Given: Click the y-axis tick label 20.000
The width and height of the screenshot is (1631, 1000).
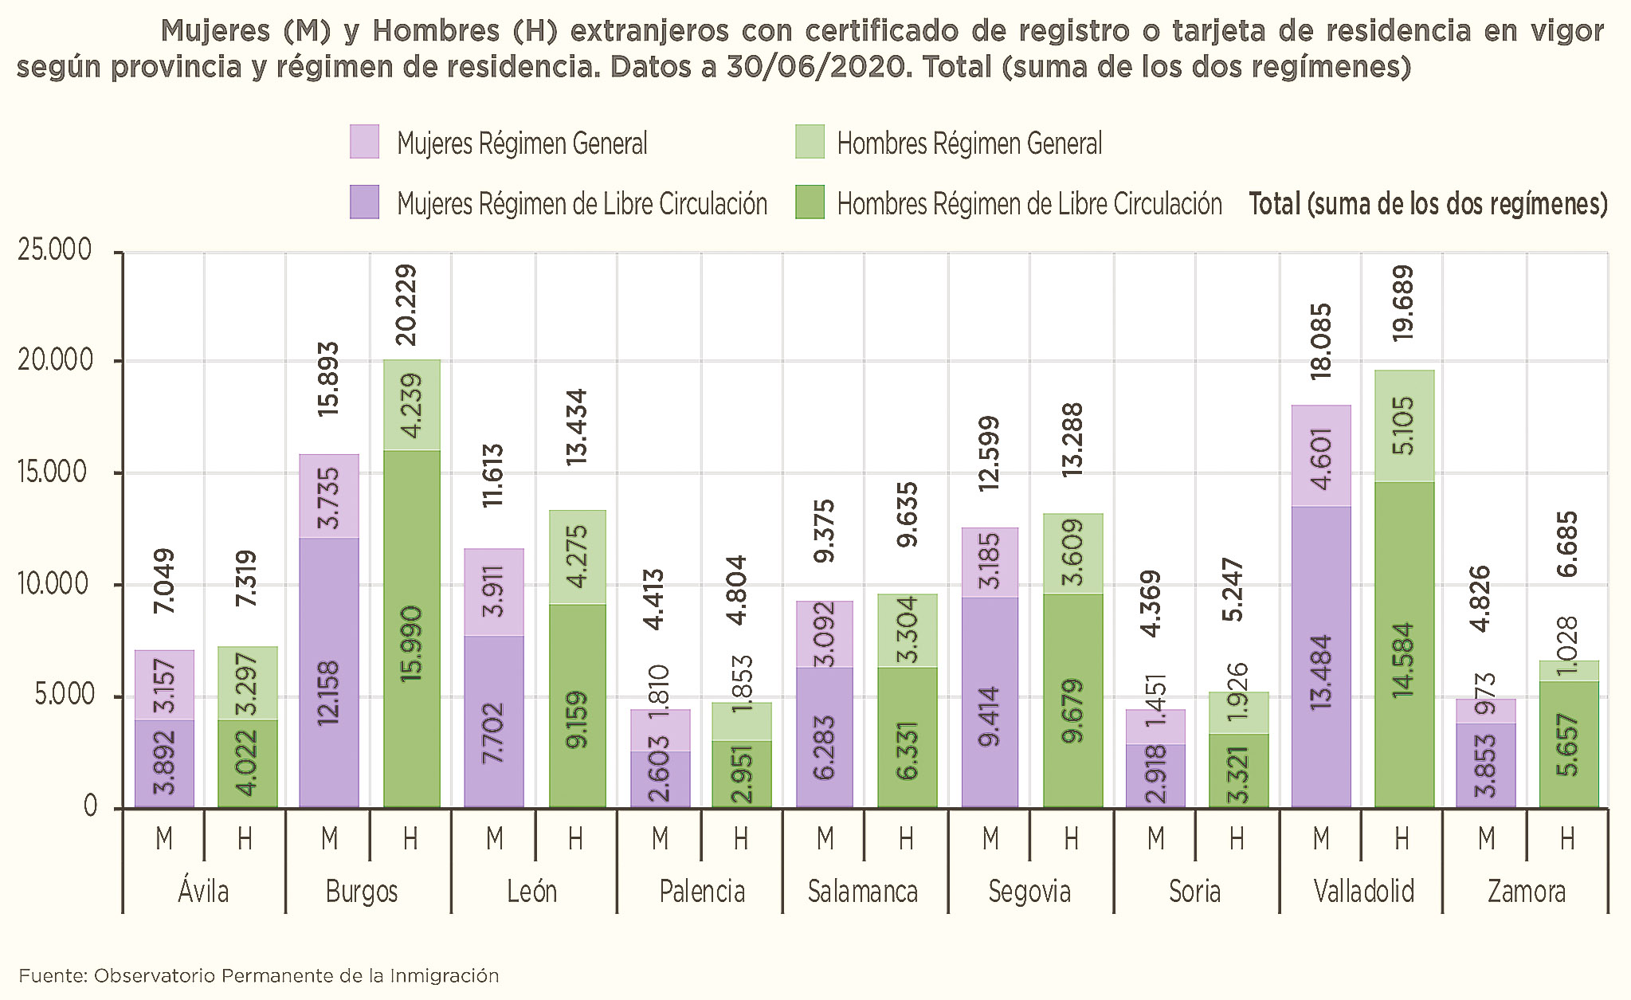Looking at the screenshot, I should coord(55,361).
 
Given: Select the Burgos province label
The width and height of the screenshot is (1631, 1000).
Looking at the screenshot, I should coord(361,891).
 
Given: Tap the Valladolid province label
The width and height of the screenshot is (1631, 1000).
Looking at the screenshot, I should coord(1363,891).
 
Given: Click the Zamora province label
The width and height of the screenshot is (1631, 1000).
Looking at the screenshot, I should coord(1526,891).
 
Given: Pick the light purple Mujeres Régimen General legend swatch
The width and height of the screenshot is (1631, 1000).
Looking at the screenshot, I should coord(364,142).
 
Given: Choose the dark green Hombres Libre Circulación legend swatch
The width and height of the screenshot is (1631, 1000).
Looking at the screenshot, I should coord(810,202).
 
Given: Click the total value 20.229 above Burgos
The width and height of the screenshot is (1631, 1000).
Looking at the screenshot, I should coord(407,305).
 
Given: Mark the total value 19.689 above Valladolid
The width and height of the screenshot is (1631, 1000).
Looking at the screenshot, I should coord(1403,304).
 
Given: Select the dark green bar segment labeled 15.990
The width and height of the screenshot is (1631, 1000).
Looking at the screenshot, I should coord(411,629).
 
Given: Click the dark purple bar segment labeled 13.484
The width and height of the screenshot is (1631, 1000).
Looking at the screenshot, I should coord(1321,657).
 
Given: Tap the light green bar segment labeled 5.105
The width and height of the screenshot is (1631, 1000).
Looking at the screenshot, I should coord(1404,425).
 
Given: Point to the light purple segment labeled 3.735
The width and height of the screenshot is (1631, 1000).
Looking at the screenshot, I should coord(328,496).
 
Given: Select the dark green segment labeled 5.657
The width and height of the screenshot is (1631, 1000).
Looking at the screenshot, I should coord(1568,745).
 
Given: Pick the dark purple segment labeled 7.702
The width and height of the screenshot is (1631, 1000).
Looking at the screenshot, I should coord(494,721).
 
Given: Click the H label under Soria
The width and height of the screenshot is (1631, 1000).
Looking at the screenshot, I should coord(1237,838).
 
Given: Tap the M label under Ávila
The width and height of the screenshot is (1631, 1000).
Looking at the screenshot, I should coord(164,838).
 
